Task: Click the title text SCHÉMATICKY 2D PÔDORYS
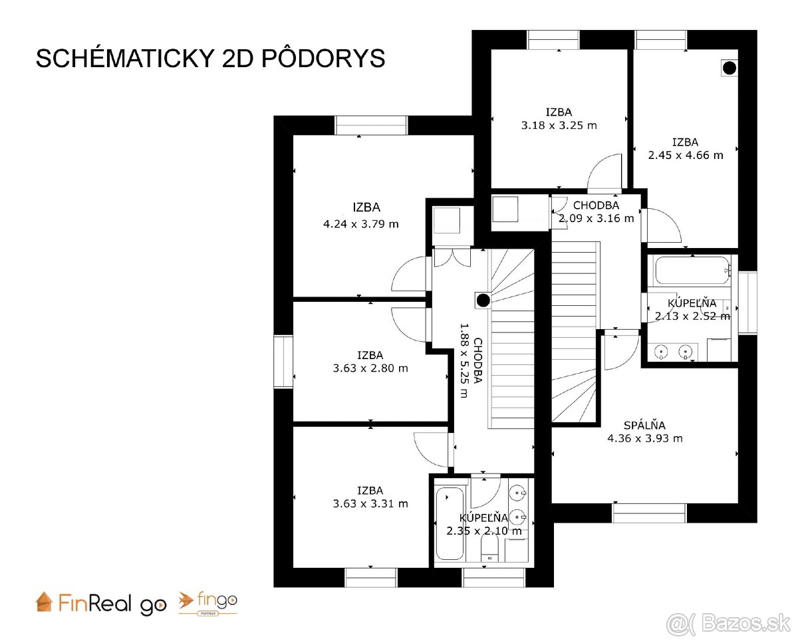click(x=210, y=59)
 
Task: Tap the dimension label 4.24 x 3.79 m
click(x=360, y=224)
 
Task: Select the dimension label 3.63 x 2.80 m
click(x=370, y=368)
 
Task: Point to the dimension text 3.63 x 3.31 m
click(x=370, y=504)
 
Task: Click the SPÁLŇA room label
click(x=644, y=426)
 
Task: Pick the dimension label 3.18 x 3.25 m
click(x=559, y=125)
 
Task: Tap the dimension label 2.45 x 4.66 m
click(x=685, y=156)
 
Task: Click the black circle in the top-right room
click(x=730, y=67)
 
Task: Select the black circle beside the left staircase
click(x=483, y=301)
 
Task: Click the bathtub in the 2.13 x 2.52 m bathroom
click(x=690, y=271)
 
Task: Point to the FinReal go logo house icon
click(x=44, y=601)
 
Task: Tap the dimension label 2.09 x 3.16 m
click(x=596, y=218)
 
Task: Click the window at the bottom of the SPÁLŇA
click(x=649, y=513)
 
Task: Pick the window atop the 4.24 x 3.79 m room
click(x=370, y=125)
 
